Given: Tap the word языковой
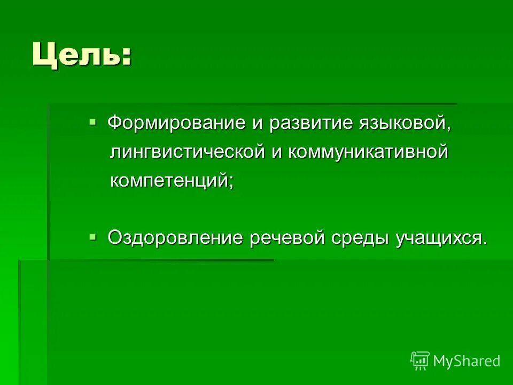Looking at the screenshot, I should [406, 124].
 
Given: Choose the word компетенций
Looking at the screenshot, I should [169, 181].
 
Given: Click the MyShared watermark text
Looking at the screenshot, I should [467, 361].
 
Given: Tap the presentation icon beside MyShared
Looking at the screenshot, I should [420, 361].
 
